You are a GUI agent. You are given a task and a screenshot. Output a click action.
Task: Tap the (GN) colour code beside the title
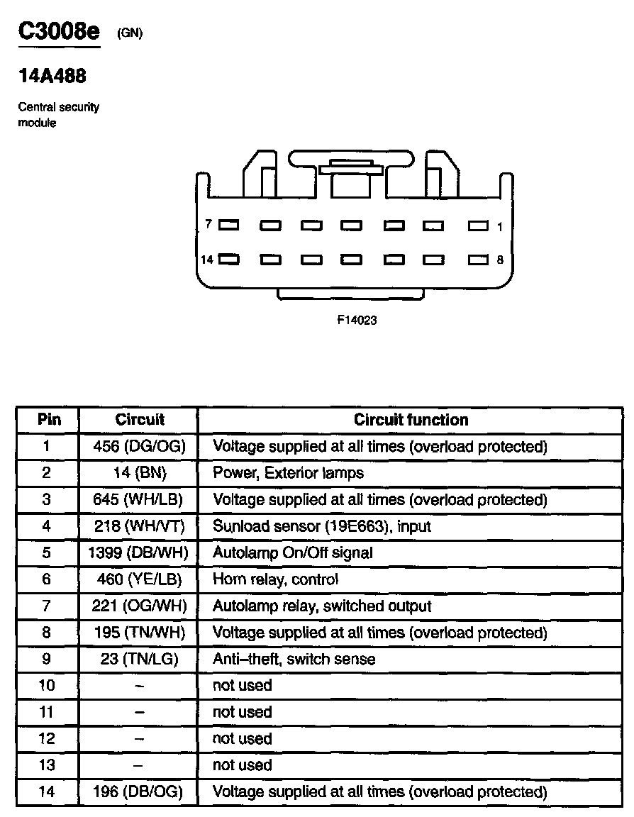tap(130, 33)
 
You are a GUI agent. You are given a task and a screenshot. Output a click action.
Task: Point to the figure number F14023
tap(356, 320)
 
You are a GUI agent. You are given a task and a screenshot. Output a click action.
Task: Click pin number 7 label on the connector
tap(208, 224)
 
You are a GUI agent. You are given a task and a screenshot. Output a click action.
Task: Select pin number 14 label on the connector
tap(206, 260)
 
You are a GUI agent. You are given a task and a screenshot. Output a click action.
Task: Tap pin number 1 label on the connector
tap(500, 227)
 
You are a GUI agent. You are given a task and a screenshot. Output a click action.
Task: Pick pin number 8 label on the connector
tap(500, 260)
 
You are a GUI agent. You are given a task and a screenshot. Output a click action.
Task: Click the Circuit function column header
tap(411, 420)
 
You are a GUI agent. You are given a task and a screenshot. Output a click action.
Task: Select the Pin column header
tap(48, 420)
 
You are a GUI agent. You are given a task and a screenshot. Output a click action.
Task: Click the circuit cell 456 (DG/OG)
tap(139, 447)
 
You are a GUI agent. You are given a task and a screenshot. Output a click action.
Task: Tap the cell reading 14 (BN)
tap(139, 473)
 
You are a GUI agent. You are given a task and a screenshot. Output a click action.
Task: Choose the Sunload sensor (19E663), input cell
tap(321, 526)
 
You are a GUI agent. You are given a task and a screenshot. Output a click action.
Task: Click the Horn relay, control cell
tap(275, 579)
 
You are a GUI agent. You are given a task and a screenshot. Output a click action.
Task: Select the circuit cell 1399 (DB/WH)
tap(139, 552)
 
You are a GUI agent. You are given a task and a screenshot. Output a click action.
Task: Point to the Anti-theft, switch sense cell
tap(294, 659)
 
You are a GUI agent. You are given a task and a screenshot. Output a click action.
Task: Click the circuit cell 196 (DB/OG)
tap(139, 791)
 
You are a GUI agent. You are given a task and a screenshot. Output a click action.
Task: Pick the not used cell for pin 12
tap(242, 738)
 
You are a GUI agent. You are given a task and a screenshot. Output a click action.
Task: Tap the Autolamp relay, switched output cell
tap(321, 606)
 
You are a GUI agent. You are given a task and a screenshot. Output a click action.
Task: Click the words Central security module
tap(58, 115)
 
